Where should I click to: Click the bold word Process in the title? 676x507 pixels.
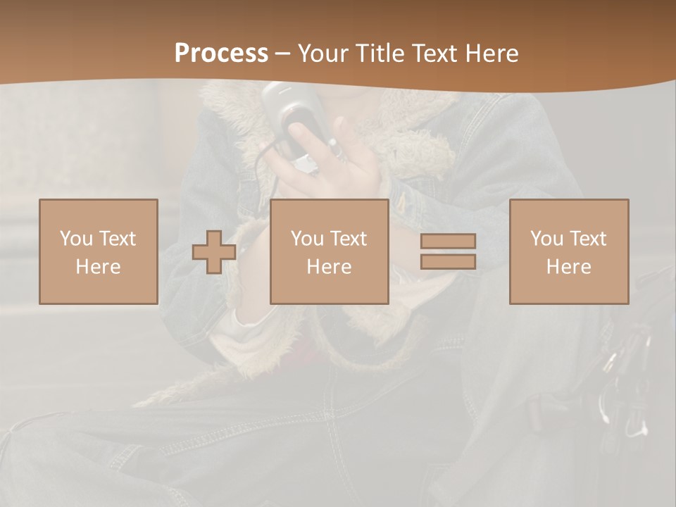221,54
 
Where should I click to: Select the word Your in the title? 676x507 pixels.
323,54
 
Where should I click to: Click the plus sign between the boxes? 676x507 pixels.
214,251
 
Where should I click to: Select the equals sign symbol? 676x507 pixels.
448,251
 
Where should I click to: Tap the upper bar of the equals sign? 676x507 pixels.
448,241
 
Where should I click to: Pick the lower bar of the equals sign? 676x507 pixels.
448,262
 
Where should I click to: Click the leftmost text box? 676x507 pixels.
98,251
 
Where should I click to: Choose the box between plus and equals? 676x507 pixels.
329,251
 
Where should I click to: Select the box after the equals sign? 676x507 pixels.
568,251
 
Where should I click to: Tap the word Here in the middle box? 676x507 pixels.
329,267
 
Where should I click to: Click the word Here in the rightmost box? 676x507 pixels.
568,267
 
